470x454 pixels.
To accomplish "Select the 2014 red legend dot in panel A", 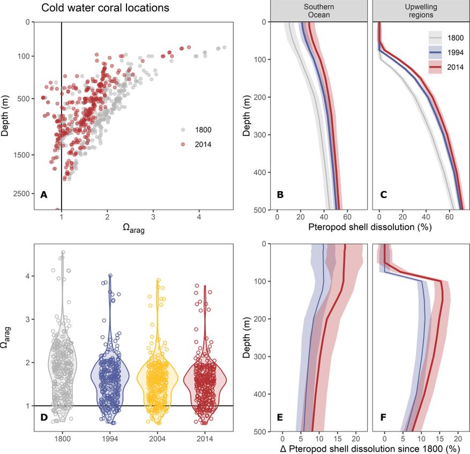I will [183, 144].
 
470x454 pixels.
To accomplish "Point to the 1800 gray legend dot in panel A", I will [183, 130].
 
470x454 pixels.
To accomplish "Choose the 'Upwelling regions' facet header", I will [419, 11].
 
